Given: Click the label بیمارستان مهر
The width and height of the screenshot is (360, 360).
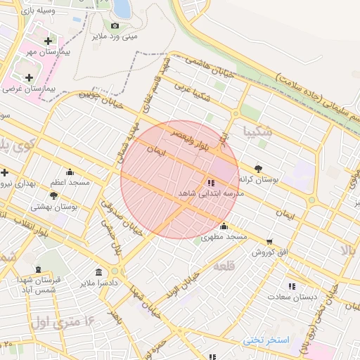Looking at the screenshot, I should click(49, 53).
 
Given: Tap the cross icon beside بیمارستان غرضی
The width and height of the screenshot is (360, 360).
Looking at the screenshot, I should click(29, 77).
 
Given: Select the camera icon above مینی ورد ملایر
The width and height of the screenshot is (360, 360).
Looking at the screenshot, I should click(115, 26).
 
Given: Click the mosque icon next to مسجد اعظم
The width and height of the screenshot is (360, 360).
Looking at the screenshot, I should click(69, 172).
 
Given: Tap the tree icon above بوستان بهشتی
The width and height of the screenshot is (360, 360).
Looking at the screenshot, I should click(53, 195).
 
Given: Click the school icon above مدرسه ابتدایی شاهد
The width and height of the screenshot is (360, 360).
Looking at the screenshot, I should click(212, 182).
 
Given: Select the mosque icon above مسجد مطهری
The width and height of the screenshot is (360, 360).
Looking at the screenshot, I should click(224, 226).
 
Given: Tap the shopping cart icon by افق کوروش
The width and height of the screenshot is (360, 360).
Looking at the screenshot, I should click(269, 242).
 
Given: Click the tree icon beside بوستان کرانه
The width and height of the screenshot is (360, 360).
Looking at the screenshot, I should click(258, 169).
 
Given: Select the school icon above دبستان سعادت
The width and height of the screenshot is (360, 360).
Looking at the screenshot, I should click(292, 285).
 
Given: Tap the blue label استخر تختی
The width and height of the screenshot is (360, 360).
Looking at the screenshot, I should click(266, 340).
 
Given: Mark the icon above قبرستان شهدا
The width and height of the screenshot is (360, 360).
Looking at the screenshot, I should click(38, 269).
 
